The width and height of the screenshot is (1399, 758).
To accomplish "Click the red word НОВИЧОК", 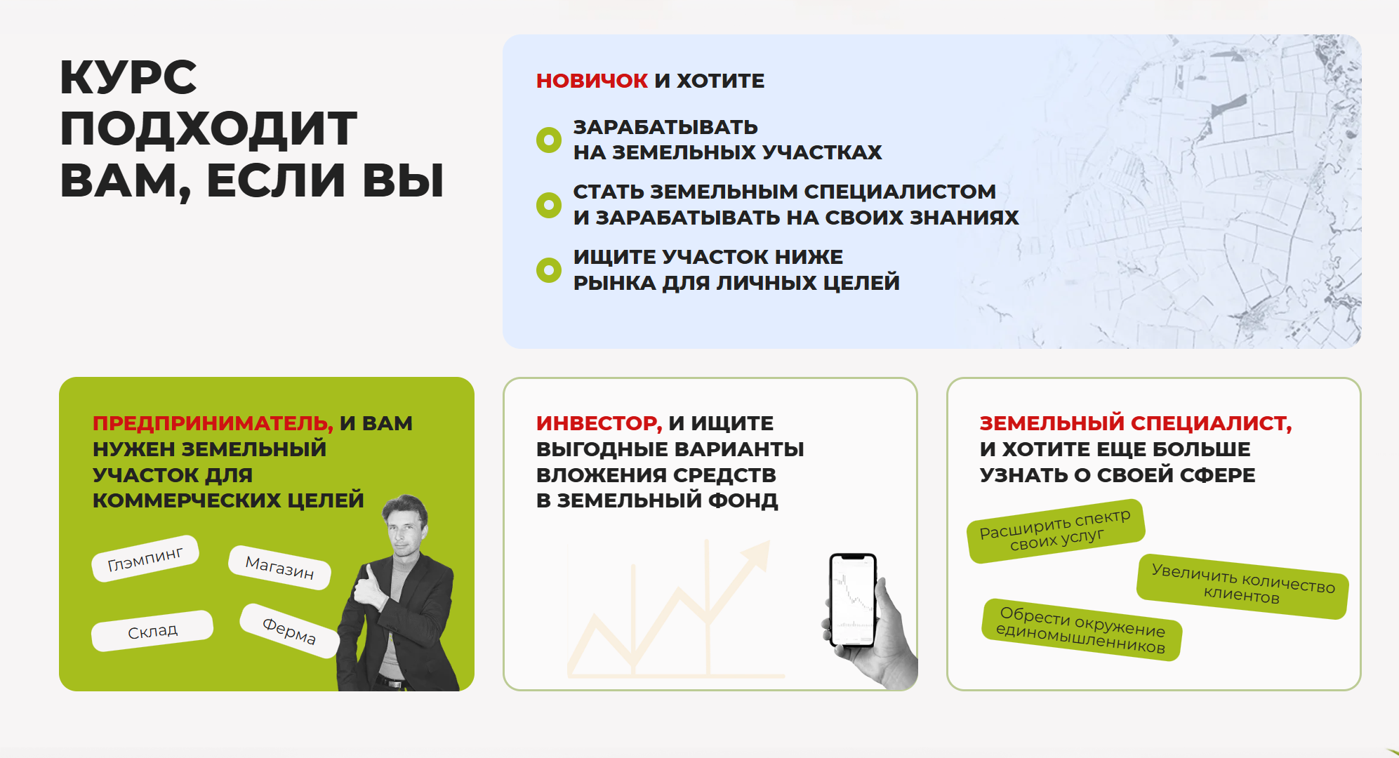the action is pos(592,81).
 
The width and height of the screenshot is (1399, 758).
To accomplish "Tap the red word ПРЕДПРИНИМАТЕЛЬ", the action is pos(213,423).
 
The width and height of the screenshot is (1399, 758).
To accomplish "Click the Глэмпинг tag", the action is pos(145,559).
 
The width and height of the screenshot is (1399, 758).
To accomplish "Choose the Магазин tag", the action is pos(279,567).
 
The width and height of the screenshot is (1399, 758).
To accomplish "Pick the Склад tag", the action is pos(152,631).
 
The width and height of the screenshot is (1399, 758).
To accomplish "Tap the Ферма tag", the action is pos(289,630).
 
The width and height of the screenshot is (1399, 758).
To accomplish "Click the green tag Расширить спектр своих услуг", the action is pos(1056,531).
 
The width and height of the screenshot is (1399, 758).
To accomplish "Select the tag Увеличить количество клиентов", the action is pos(1242,586).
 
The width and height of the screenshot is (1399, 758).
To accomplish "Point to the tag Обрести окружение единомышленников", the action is pos(1081,630).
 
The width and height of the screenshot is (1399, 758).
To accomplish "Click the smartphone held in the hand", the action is pos(853,600).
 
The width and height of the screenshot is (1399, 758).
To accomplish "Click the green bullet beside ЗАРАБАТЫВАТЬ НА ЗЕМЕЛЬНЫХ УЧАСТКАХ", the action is pos(549,140).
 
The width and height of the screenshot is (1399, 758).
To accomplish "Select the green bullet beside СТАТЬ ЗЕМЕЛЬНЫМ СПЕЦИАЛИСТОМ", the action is pos(549,205).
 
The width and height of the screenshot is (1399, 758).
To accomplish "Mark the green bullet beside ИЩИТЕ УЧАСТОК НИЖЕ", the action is pos(549,270).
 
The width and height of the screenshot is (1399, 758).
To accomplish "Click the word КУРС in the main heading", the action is pos(128,77).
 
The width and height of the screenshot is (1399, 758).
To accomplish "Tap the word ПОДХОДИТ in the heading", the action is pos(208,129).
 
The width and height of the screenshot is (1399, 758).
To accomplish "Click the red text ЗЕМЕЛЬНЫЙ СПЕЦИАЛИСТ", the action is pos(1136,423).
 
